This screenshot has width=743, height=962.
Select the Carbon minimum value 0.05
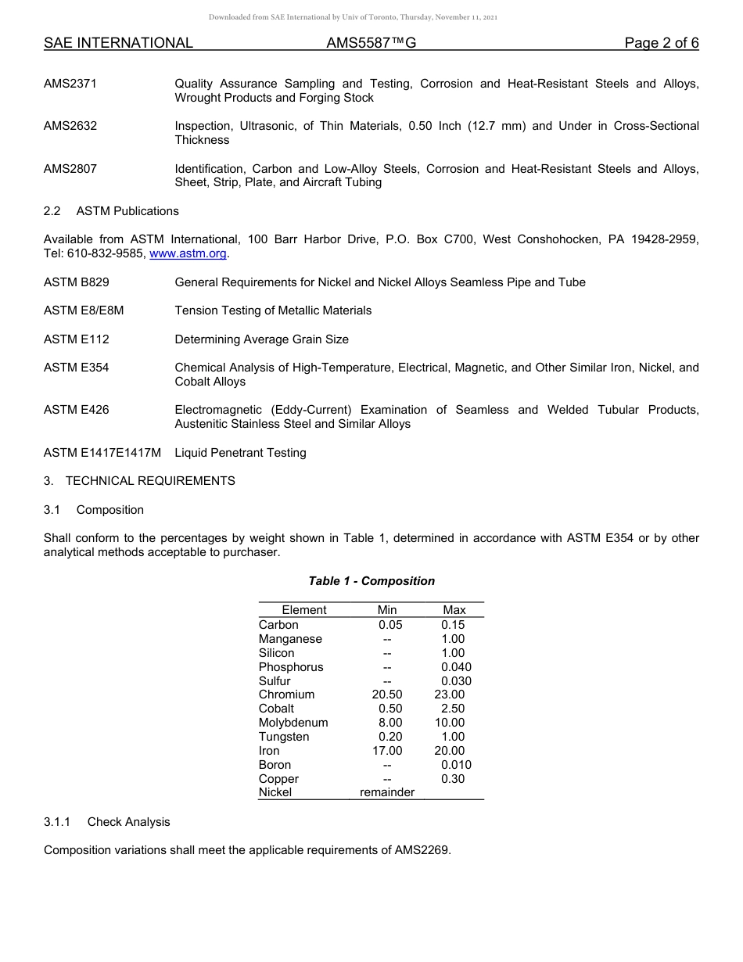pos(389,625)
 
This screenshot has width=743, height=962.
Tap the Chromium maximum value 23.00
pos(450,695)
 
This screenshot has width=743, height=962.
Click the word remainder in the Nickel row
pos(387,792)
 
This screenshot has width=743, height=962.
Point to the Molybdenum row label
pos(293,723)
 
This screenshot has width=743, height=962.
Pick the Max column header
pos(454,610)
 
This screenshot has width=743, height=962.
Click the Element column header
pos(304,610)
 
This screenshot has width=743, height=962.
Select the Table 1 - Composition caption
pos(371,581)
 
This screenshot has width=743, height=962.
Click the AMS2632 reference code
pos(70,126)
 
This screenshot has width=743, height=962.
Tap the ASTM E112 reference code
pos(77,339)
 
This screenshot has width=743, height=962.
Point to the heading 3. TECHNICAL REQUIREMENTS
pos(139,481)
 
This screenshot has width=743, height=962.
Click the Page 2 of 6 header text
pos(661,44)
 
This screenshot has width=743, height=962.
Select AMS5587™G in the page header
pos(371,44)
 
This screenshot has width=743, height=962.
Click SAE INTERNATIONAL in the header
pos(118,44)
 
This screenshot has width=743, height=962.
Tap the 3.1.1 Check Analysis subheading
pos(107,822)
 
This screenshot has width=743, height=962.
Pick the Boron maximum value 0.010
pos(456,765)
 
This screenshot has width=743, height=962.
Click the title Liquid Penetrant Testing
pos(240,453)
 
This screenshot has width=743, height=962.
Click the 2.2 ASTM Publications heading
pos(111,211)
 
